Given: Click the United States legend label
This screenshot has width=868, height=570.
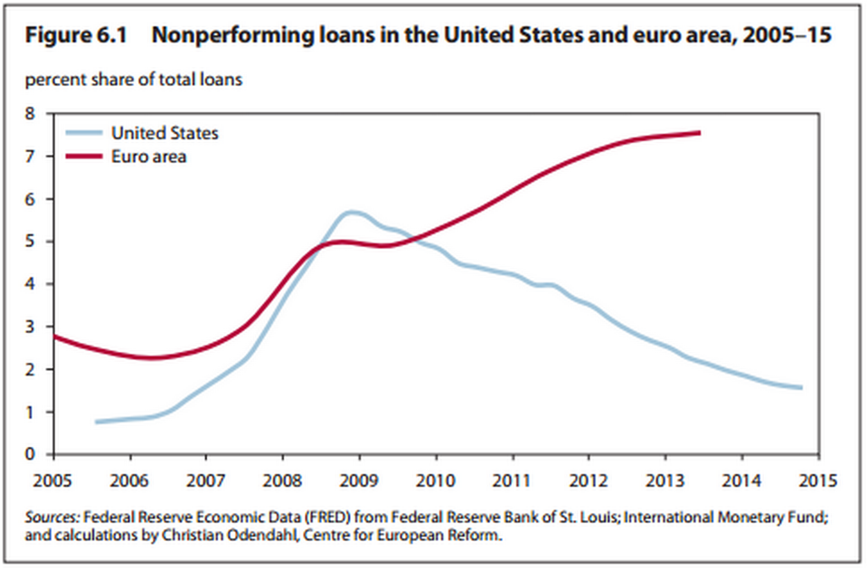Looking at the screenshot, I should [x=165, y=133].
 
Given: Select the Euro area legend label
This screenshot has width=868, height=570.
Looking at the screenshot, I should [x=149, y=157].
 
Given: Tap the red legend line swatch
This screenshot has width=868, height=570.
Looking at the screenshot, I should [x=84, y=157].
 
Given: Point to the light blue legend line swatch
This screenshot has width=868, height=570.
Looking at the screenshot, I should [x=84, y=133].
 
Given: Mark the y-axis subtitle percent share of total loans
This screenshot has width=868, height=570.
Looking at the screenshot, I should [x=133, y=81].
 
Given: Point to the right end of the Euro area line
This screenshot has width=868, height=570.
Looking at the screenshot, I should [x=699, y=133].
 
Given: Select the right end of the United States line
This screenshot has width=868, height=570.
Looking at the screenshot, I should [x=800, y=387].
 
